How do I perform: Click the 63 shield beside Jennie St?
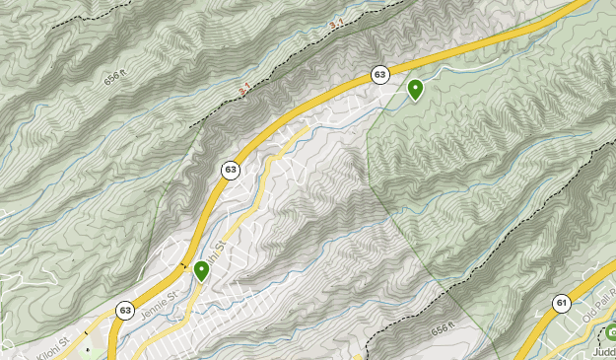point(125,309)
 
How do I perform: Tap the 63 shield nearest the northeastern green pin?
point(379,74)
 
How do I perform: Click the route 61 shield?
point(561,303)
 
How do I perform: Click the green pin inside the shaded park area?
point(415,90)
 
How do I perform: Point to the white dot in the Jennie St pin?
point(202,266)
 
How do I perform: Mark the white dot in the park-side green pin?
point(415,87)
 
